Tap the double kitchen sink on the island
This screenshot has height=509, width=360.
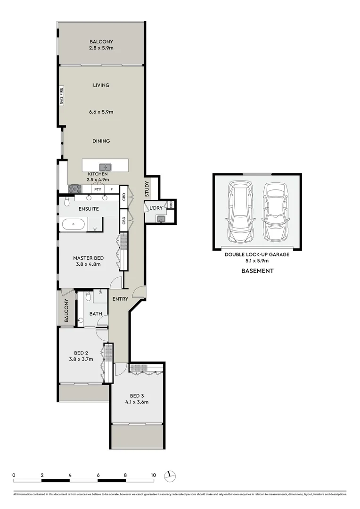105,166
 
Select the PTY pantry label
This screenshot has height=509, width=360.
98,189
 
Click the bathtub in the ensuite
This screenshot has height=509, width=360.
73,224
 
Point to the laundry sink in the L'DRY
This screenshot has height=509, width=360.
160,218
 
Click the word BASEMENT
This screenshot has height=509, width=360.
257,271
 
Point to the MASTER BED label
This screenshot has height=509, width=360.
88,258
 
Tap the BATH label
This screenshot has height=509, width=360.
96,313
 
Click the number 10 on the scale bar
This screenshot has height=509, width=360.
153,475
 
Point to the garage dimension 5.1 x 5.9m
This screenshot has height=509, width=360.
257,261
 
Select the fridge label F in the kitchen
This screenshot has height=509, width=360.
111,189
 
